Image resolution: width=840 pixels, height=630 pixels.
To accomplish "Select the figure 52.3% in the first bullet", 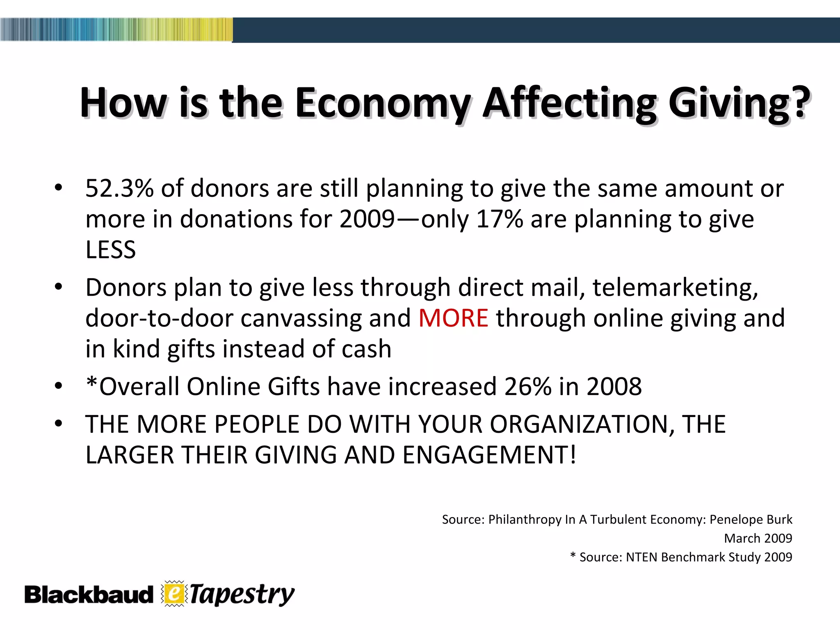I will coord(119,189).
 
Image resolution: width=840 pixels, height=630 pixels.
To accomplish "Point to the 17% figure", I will coord(500,219).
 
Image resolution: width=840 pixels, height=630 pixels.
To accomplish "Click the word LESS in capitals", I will coord(110,250).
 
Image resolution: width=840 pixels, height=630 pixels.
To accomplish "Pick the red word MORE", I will coord(453,318).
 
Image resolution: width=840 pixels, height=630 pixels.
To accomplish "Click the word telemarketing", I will coord(675,288).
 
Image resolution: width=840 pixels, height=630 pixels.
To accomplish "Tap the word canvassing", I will coord(301,318).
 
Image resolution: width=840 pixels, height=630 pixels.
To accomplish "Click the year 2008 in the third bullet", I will coord(614,387).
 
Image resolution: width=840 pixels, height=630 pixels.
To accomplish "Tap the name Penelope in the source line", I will coord(733,520).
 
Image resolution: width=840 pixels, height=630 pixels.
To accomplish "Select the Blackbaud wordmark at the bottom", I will coord(89,595).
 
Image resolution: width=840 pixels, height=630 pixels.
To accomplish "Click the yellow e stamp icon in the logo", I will coord(174,593).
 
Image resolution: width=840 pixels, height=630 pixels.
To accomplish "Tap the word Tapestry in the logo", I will coord(242,594).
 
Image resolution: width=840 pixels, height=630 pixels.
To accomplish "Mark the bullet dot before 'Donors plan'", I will coord(59,288).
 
